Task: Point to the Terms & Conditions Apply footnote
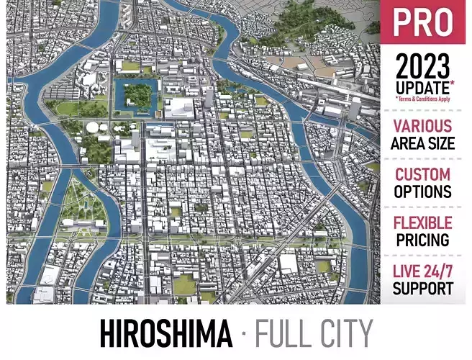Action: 423,99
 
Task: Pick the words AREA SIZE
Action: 423,143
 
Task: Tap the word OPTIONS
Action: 423,192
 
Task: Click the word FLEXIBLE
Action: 423,222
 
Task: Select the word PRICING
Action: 423,239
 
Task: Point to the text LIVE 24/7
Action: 423,271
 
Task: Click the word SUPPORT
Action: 423,288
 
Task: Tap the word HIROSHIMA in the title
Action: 165,334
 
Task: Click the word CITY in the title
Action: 345,334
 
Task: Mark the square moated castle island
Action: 137,96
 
